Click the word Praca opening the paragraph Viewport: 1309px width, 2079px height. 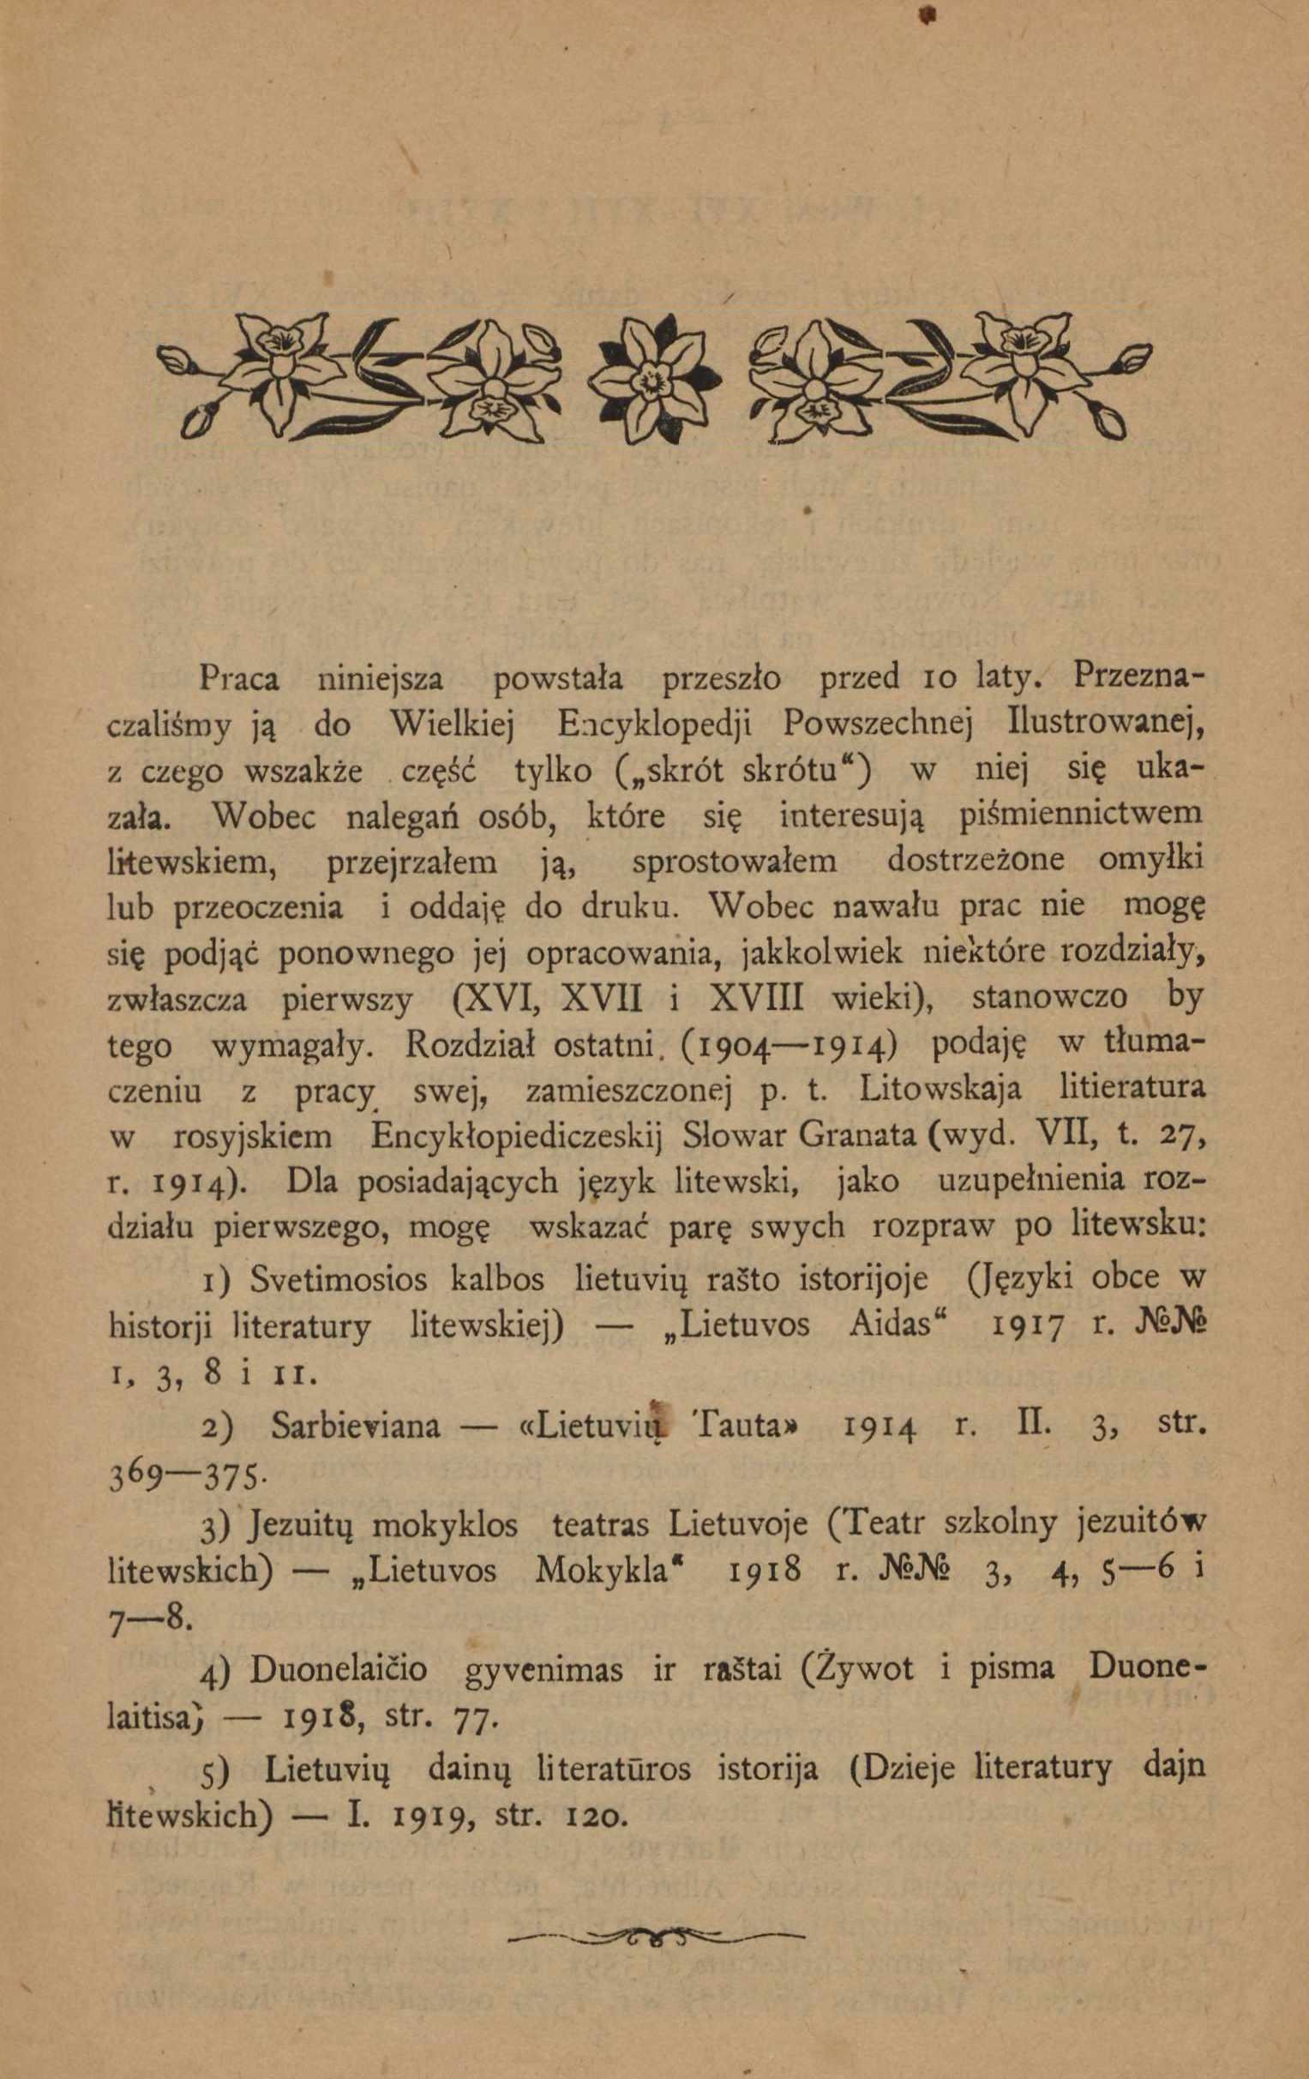point(239,680)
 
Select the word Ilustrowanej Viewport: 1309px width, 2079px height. point(1106,724)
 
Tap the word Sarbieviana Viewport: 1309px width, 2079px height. point(355,1426)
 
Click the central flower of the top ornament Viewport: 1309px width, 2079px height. point(655,377)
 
